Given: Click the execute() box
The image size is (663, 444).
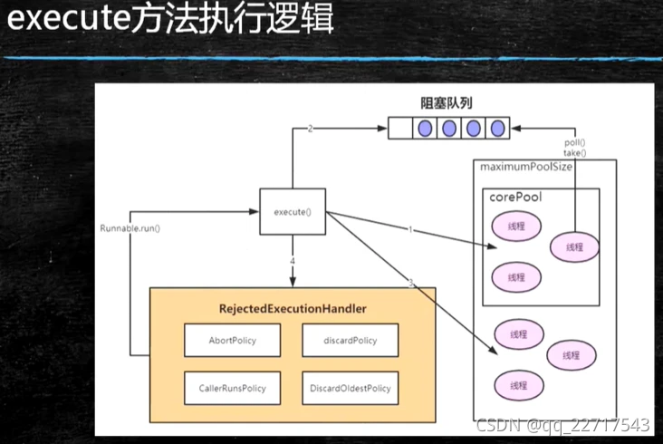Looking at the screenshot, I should coord(293,213).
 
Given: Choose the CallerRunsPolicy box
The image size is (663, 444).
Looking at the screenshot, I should coord(233,389).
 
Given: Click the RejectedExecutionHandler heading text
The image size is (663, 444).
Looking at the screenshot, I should coord(292,309).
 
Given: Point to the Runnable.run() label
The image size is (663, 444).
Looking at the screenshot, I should coord(130,227).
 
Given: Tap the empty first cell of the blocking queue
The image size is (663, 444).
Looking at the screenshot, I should coord(402,128).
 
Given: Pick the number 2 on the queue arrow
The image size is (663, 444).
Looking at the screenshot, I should coord(310,129).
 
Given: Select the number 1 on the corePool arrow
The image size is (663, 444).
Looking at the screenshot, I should coord(409,230).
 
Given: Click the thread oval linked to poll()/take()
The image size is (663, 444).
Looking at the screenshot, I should coord(574,246).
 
